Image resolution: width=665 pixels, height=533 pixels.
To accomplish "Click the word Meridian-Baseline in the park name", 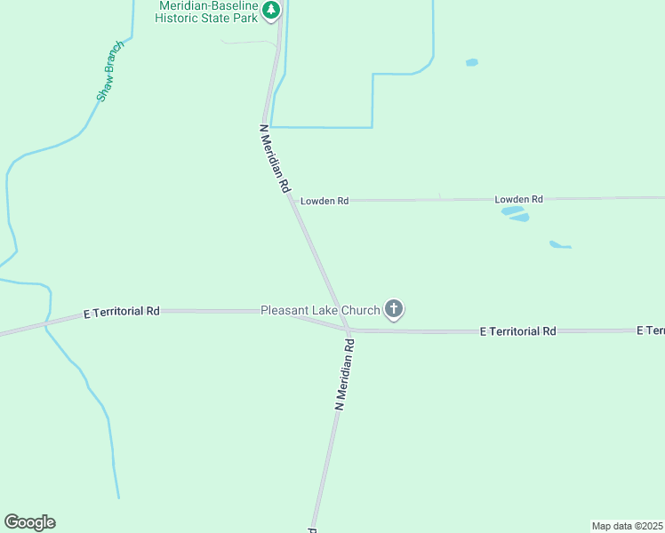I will (208, 5).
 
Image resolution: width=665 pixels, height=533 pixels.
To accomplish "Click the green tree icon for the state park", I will (271, 11).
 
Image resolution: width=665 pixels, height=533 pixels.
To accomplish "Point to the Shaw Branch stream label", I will (110, 71).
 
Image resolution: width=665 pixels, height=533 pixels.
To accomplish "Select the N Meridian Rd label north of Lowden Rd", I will (275, 159).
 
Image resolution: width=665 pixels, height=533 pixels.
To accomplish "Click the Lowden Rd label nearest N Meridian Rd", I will (324, 201).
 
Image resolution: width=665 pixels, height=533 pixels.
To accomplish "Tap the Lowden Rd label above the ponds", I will (518, 199).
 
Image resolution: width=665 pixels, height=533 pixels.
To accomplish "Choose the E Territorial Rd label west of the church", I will (121, 312).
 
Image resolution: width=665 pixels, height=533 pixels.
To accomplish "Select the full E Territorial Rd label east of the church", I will (517, 330).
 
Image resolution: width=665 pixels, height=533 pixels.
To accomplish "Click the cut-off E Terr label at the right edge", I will (650, 330).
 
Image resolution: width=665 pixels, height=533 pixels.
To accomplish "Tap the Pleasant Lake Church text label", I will (320, 310).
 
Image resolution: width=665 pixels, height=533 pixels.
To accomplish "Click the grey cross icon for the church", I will (394, 309).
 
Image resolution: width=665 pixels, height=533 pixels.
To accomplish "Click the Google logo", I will (29, 522).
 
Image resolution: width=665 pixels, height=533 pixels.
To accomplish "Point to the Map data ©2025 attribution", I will (628, 526).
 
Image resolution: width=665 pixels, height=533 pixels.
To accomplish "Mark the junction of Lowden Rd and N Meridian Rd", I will (292, 201).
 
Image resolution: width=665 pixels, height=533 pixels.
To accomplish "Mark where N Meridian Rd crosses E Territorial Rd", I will (347, 329).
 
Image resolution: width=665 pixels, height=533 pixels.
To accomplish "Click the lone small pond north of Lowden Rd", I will (471, 62).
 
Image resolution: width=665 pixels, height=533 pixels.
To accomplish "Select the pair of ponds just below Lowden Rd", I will (516, 214).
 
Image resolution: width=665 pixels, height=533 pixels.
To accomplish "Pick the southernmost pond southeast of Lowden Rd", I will (558, 244).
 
